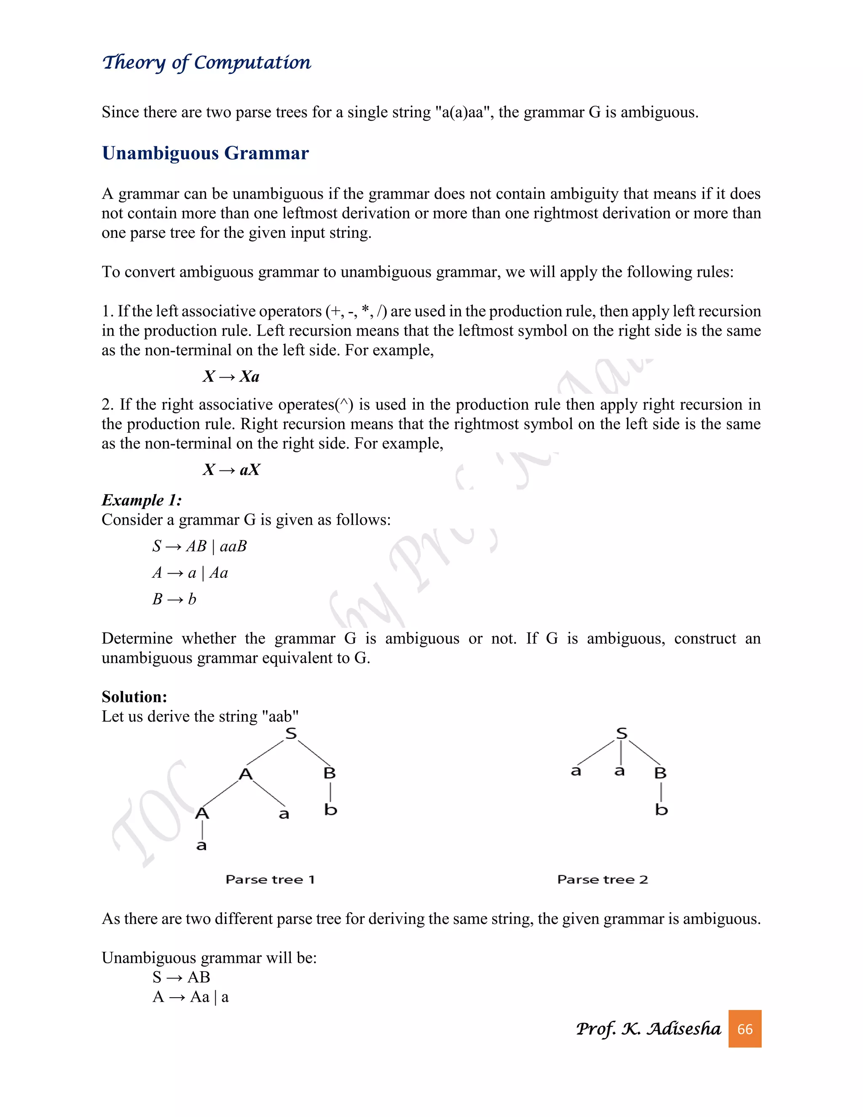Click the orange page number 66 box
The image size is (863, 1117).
pos(745,1028)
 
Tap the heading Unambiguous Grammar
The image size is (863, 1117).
pos(205,153)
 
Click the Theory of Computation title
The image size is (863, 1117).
pos(206,62)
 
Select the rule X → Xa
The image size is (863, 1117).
pos(231,376)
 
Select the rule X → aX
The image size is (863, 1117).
pos(231,470)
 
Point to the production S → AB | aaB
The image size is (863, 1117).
pos(199,546)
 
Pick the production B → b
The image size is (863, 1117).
pos(174,599)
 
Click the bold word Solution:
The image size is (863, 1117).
pos(134,697)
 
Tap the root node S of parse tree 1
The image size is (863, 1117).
pos(291,733)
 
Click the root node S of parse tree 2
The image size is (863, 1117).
pos(621,733)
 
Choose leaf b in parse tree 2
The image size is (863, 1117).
pos(661,810)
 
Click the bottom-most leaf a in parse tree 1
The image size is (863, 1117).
pos(201,846)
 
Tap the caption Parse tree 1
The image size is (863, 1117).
pos(270,879)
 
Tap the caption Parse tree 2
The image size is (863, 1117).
pos(602,879)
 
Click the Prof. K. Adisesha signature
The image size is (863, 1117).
pos(648,1028)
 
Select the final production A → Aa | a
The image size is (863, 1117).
pos(191,997)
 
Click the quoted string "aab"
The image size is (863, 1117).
pos(280,716)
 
